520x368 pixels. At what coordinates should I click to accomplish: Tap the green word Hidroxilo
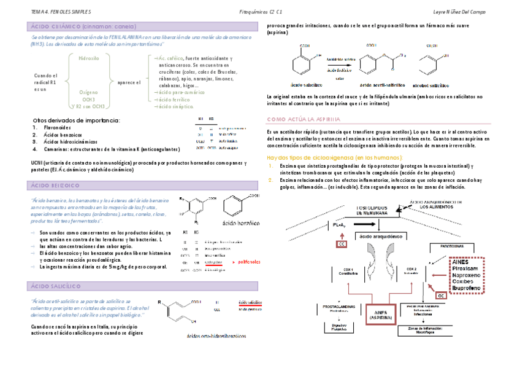[88, 58]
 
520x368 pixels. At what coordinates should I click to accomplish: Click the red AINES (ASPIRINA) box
[381, 313]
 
